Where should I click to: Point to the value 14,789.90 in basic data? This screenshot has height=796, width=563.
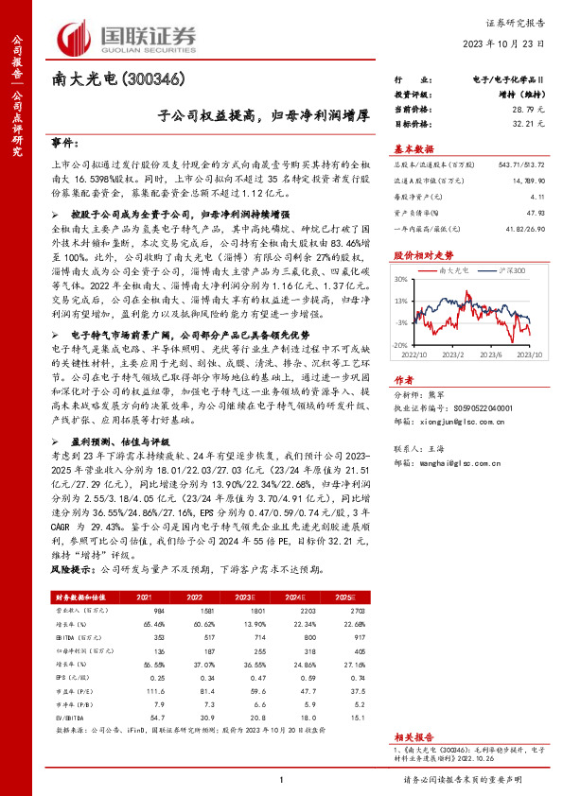(523, 180)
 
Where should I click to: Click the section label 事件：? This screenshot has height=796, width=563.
(65, 143)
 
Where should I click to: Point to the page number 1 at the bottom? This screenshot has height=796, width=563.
(281, 778)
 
